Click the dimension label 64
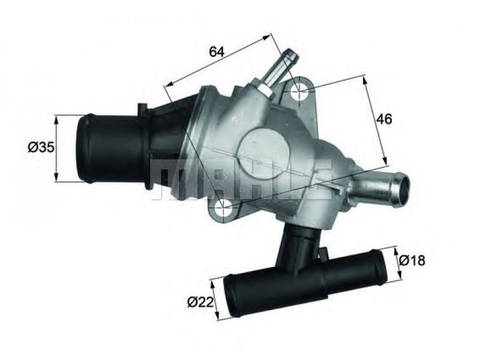point(217,52)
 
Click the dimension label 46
point(384,119)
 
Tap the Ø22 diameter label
point(200,303)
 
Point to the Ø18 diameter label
point(412,260)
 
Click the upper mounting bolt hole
point(299,91)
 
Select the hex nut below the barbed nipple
point(265,90)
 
